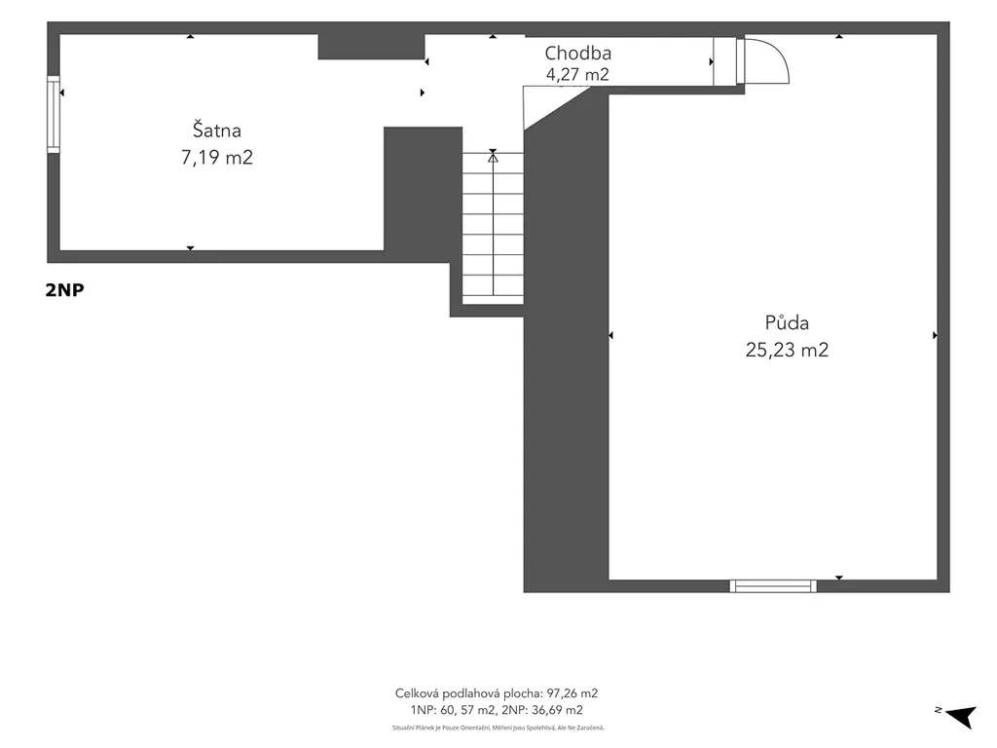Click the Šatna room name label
pyautogui.click(x=217, y=130)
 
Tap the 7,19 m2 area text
pyautogui.click(x=217, y=157)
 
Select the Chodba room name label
pyautogui.click(x=578, y=53)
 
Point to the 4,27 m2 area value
pyautogui.click(x=577, y=74)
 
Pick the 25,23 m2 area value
pyautogui.click(x=787, y=350)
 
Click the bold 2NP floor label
pyautogui.click(x=64, y=290)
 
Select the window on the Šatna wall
pyautogui.click(x=54, y=115)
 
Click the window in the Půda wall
pyautogui.click(x=773, y=585)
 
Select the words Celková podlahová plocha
pyautogui.click(x=468, y=693)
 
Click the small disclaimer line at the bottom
pyautogui.click(x=498, y=728)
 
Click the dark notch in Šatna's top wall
pyautogui.click(x=371, y=47)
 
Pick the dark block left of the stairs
pyautogui.click(x=423, y=188)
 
